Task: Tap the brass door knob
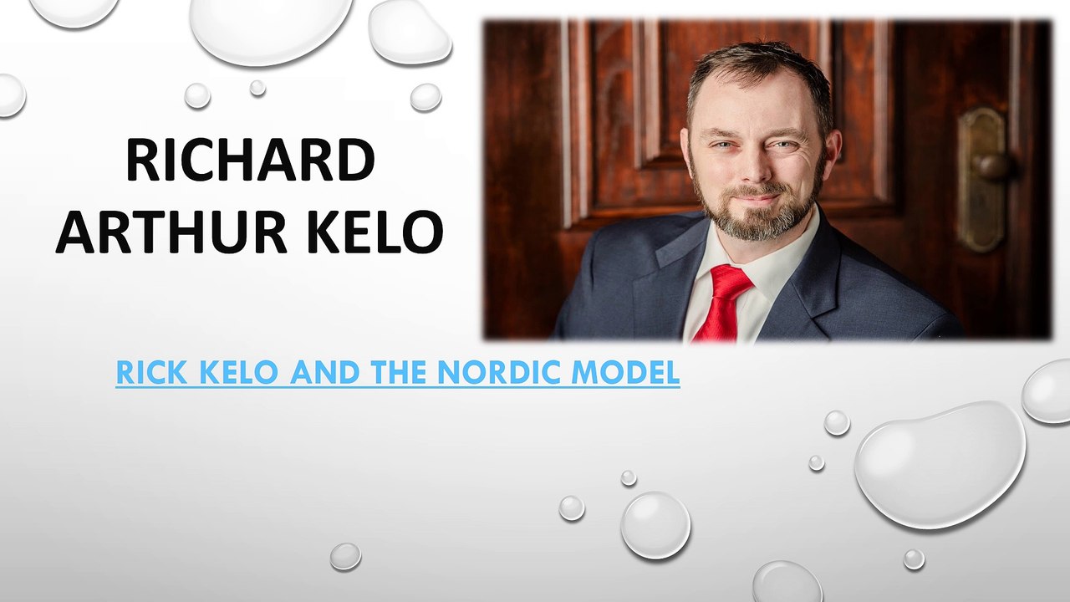[993, 166]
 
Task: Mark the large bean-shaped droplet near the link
[940, 464]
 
